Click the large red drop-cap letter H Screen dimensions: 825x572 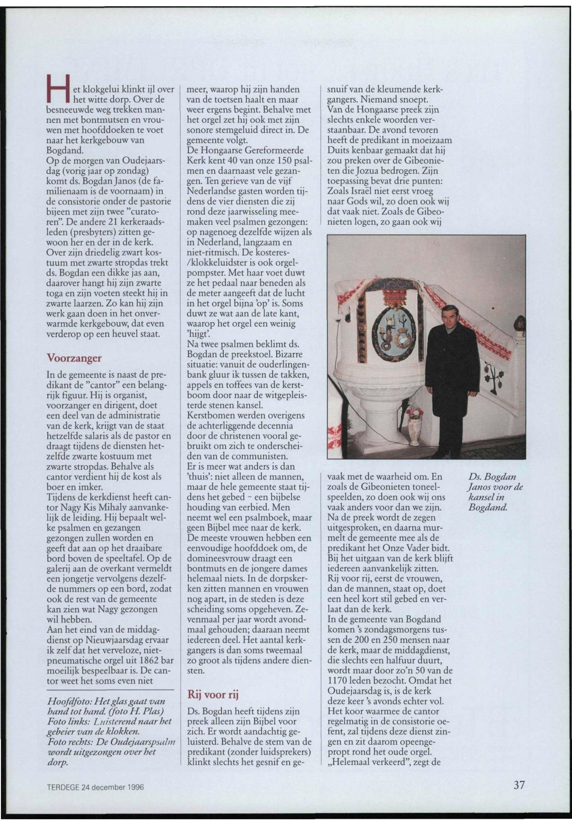coord(57,94)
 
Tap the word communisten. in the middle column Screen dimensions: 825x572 coord(262,457)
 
